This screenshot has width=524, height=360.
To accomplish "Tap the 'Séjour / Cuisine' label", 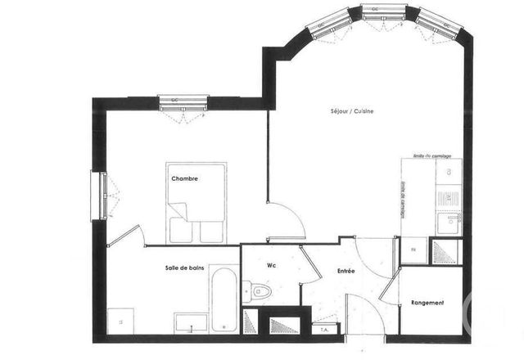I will click(x=352, y=111).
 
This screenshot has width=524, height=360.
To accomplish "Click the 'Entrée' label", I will click(x=346, y=270).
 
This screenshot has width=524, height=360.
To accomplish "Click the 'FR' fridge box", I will click(x=413, y=250).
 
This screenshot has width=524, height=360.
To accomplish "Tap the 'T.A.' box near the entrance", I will click(x=324, y=330).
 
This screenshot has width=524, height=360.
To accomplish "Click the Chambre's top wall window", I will click(x=183, y=103).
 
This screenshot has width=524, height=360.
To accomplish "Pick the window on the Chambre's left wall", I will click(x=102, y=195).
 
